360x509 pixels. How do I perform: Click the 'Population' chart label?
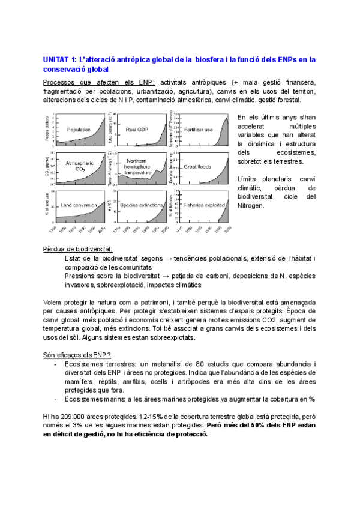click(x=79, y=130)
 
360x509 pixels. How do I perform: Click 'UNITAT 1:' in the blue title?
click(x=60, y=59)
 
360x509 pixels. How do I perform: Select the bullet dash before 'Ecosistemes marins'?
click(x=56, y=399)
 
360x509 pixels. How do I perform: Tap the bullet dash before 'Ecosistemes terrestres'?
click(x=56, y=364)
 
